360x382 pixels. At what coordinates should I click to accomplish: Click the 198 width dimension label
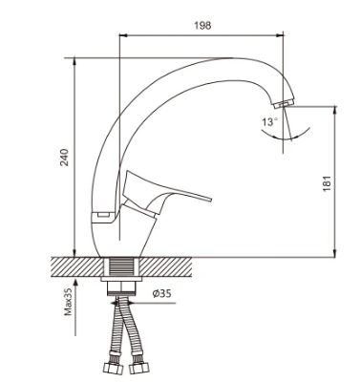pos(202,25)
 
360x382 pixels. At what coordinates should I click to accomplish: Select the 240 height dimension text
pos(64,157)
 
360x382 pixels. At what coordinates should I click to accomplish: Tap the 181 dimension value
pos(327,183)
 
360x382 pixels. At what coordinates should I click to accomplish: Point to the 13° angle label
pos(270,121)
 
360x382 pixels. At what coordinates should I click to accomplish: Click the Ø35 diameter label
pos(161,293)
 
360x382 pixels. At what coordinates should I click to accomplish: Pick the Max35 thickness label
pos(69,301)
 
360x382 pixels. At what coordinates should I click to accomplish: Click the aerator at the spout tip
pos(285,103)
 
